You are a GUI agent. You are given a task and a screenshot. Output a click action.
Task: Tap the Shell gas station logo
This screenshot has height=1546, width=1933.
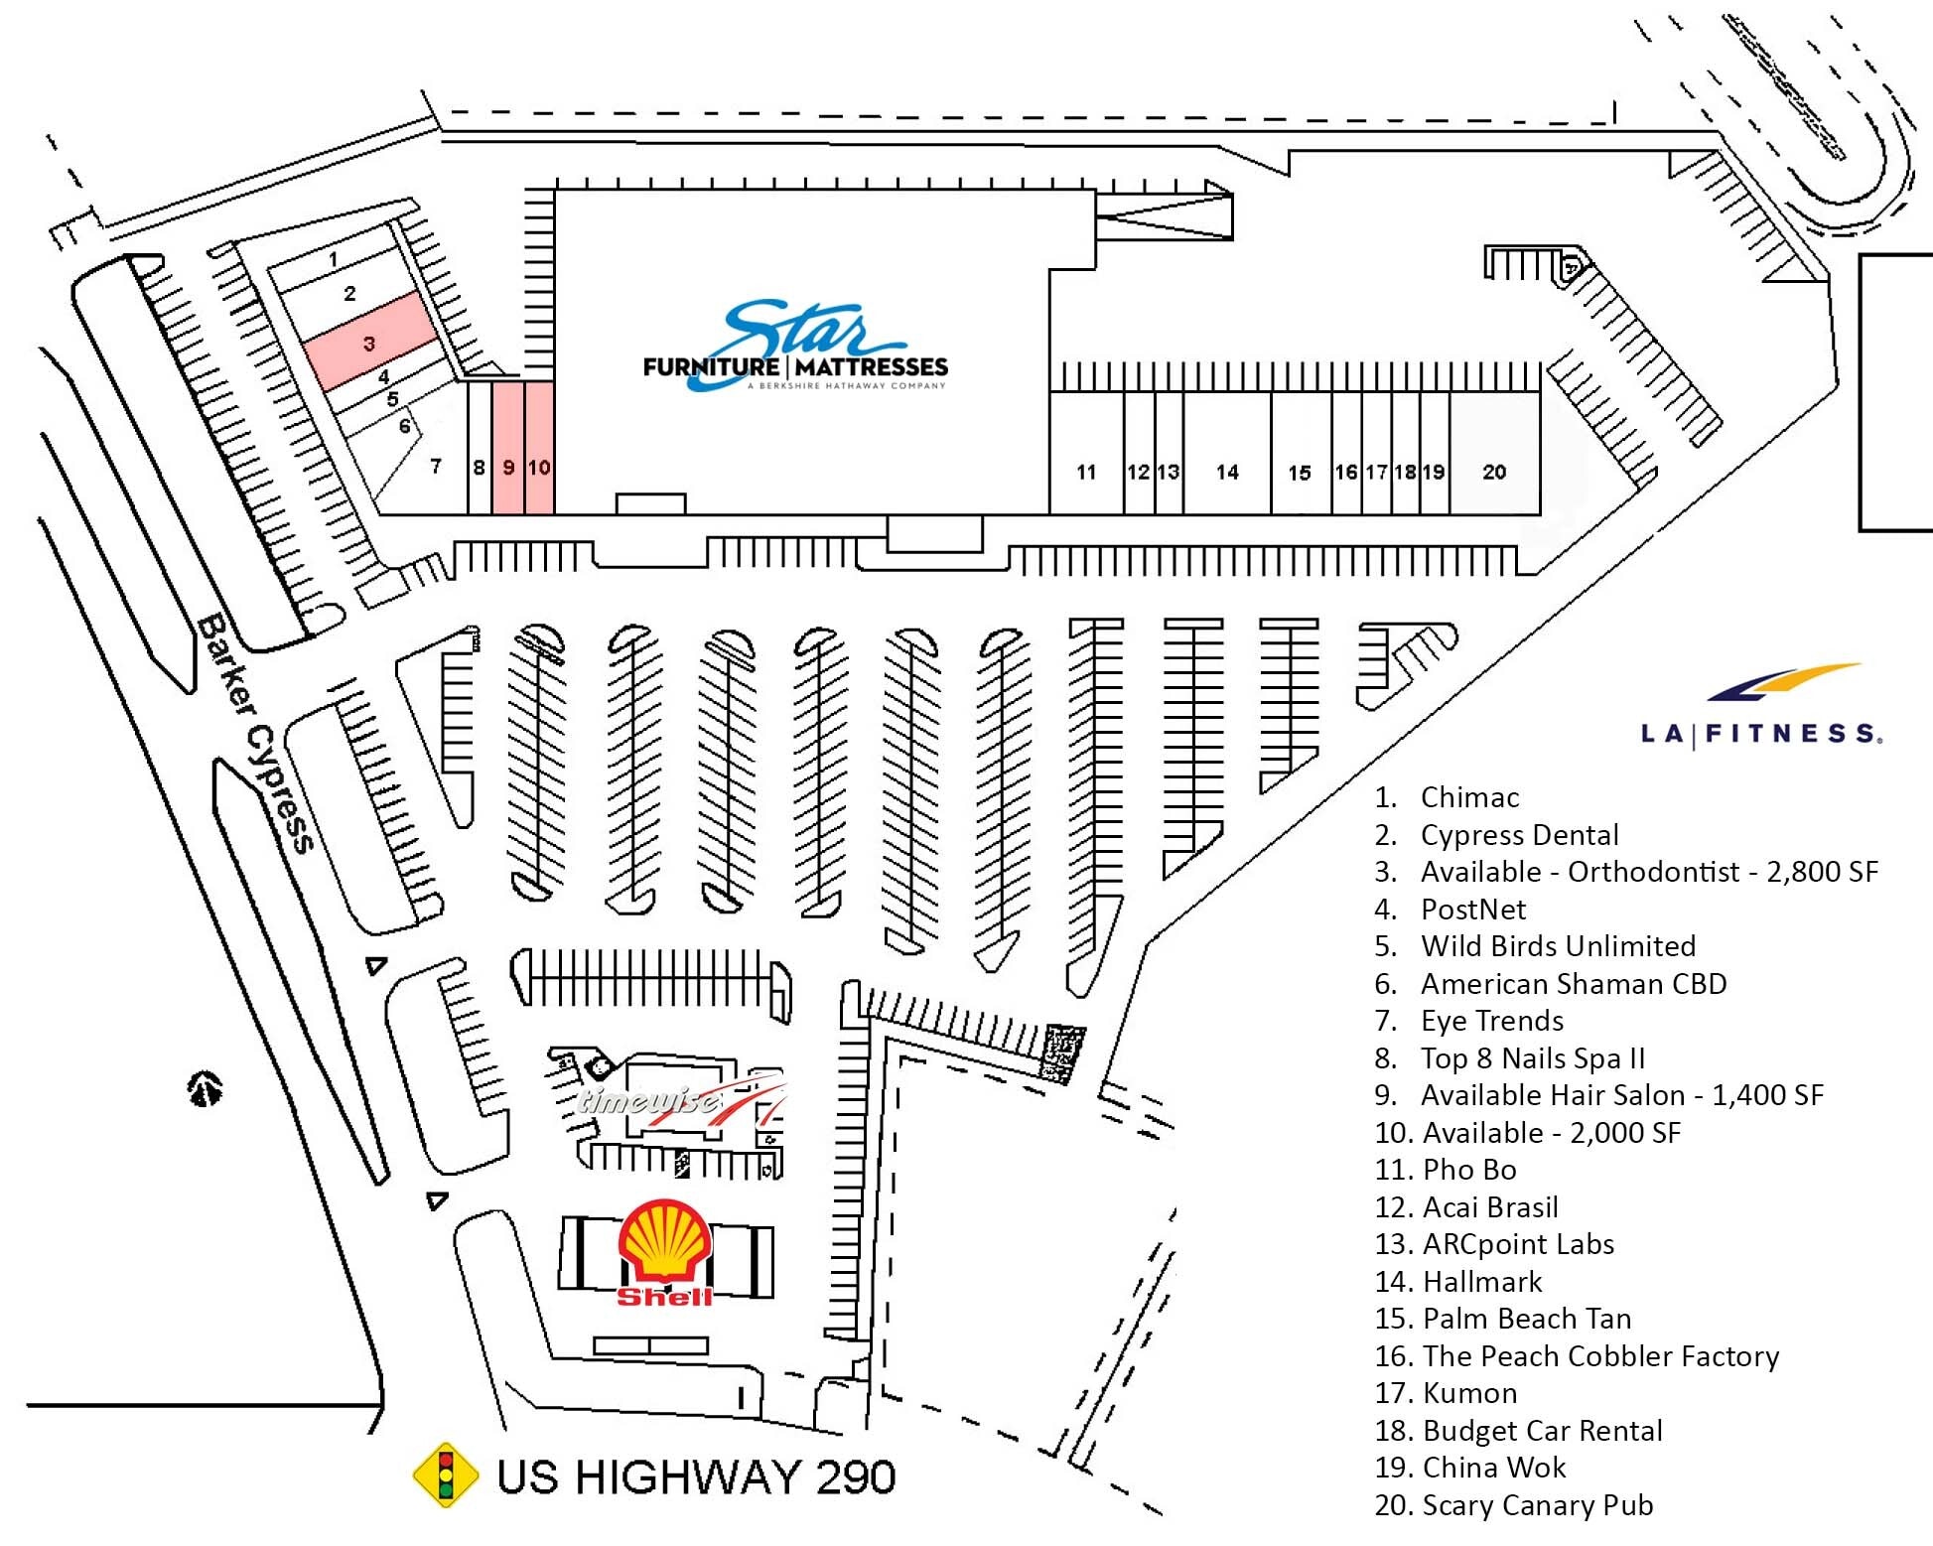(664, 1253)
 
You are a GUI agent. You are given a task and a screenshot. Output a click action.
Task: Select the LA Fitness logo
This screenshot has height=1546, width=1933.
(1760, 708)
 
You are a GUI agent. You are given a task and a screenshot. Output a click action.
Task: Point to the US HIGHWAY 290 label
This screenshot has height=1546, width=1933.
(696, 1477)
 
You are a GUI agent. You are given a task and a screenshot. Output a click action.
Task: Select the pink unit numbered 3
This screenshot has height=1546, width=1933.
(369, 344)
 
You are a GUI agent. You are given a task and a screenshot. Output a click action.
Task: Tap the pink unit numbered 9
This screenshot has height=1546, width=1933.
(508, 467)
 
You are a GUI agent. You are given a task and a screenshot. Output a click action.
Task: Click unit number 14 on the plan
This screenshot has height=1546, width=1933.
(1227, 472)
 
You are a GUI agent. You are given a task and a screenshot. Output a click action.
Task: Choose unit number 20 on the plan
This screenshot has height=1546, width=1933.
(1494, 472)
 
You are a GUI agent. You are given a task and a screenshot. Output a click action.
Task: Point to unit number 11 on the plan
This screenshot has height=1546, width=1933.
(1086, 472)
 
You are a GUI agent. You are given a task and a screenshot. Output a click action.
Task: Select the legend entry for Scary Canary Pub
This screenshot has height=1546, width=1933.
(1514, 1505)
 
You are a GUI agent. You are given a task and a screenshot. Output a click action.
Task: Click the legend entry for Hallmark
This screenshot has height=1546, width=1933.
(1459, 1282)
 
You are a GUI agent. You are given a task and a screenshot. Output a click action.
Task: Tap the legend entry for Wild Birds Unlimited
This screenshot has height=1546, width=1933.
(1536, 946)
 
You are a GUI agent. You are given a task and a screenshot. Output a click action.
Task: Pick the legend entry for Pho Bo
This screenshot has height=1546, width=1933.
(1447, 1170)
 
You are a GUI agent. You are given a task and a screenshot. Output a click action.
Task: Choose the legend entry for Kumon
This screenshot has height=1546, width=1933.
(1447, 1393)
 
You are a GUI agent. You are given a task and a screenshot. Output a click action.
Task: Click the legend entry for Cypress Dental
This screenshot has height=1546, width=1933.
(1497, 835)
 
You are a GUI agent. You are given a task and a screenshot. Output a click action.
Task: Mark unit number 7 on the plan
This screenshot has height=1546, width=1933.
(435, 465)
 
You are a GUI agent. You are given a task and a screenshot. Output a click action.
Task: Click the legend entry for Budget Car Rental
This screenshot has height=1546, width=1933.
(1519, 1431)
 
